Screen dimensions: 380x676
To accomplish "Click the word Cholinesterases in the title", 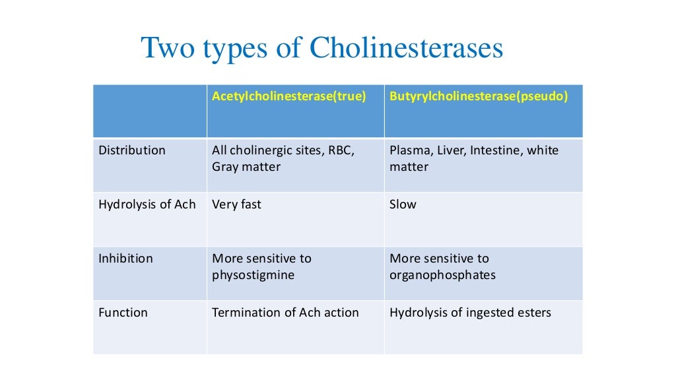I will point(406,49).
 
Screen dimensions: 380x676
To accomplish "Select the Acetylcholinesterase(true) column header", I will point(288,96).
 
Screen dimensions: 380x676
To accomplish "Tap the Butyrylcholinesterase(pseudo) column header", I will point(479,96).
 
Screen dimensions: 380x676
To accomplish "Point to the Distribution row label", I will point(132,150).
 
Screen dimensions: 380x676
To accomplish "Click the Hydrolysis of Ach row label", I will point(147,205).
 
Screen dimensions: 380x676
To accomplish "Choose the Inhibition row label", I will point(125,259).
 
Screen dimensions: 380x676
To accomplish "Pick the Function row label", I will point(123,313).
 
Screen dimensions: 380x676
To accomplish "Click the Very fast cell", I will point(236,205).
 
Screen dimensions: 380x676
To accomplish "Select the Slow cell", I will point(403,205).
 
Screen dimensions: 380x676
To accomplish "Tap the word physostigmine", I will point(252,275).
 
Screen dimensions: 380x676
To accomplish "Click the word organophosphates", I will point(442,275).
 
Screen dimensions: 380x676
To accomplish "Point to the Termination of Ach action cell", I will point(285,313).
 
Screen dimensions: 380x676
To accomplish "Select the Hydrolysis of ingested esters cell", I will point(470,313).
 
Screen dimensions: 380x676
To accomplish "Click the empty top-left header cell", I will point(150,111).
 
